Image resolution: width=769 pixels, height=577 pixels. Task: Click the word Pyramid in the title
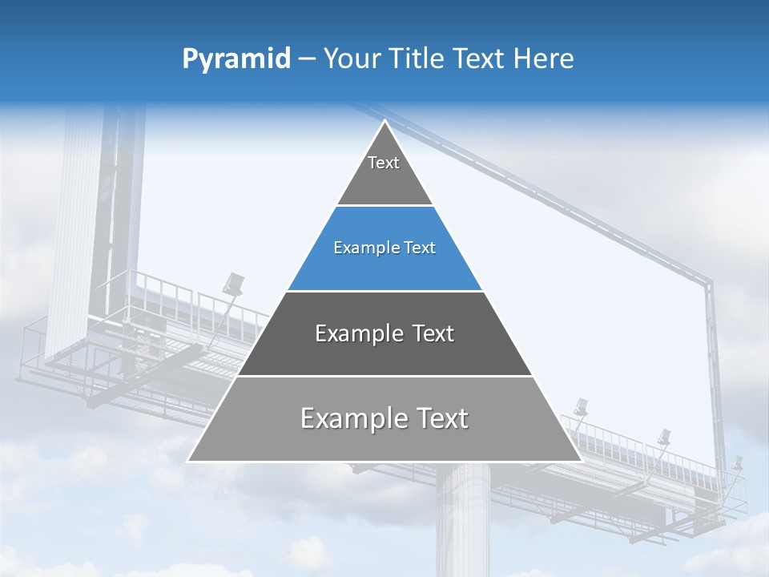click(236, 59)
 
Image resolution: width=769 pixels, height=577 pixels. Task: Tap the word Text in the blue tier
click(420, 248)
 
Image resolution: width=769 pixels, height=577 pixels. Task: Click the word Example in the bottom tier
click(348, 418)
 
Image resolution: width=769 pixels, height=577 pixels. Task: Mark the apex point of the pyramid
click(385, 121)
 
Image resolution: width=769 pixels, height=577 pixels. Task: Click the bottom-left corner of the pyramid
click(188, 461)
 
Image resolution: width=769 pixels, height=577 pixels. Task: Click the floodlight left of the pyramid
click(234, 282)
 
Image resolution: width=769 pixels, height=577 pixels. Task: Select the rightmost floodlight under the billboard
click(736, 463)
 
